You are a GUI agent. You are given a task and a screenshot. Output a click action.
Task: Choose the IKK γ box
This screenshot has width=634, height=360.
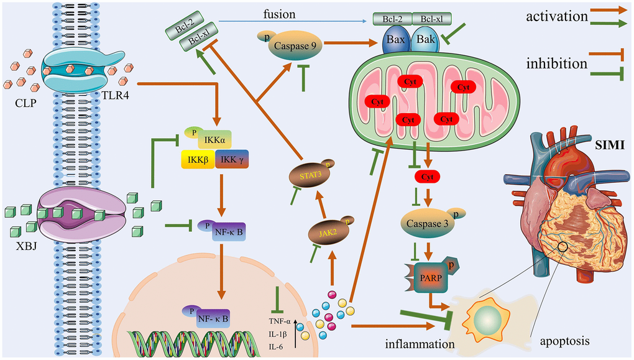232,159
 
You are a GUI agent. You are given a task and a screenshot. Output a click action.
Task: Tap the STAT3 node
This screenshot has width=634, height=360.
311,175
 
